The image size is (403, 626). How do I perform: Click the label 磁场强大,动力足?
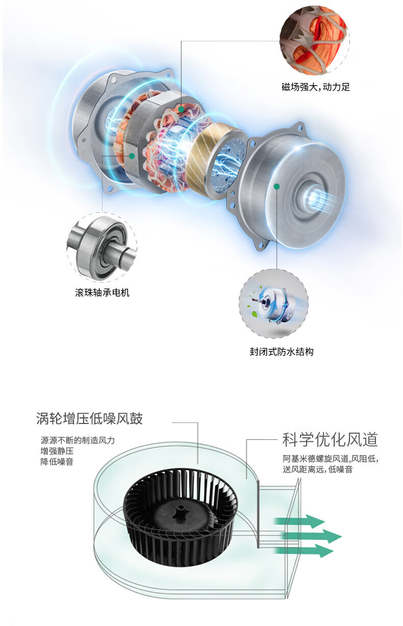click(x=316, y=87)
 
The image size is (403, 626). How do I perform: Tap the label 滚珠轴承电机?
click(x=102, y=293)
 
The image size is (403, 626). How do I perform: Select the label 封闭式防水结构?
click(x=282, y=352)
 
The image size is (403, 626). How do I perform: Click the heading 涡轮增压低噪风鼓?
click(x=89, y=418)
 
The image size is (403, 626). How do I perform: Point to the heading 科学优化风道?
click(x=330, y=440)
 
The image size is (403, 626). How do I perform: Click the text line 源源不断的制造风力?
click(x=78, y=440)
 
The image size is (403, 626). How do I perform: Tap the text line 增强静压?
click(x=57, y=451)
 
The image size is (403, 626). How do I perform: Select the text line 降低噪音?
click(x=57, y=462)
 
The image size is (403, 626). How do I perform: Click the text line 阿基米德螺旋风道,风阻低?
click(x=331, y=459)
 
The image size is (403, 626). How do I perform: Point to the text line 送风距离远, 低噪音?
click(x=317, y=469)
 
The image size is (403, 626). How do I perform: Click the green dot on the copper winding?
click(x=181, y=109)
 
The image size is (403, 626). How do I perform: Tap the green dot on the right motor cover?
click(x=276, y=186)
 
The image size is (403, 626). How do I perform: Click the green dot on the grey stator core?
click(x=132, y=156)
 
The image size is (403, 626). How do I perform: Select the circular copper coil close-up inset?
click(x=315, y=40)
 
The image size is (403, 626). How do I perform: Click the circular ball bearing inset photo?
click(x=102, y=247)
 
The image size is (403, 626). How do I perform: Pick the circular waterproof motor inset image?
click(x=274, y=304)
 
